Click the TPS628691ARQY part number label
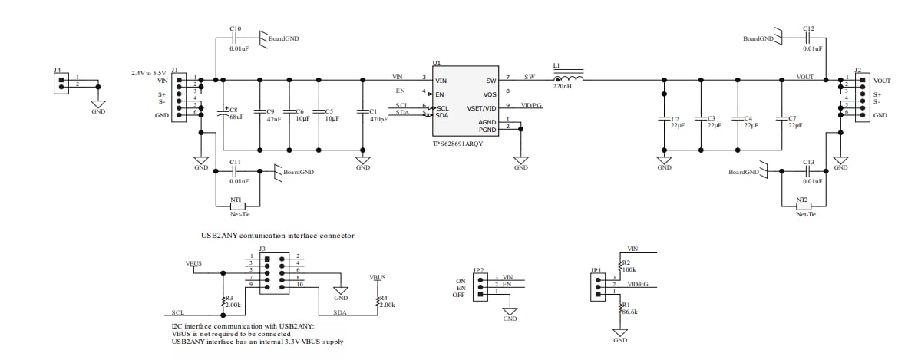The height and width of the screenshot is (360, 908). coord(458,144)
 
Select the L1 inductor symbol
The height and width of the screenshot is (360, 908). coord(568,78)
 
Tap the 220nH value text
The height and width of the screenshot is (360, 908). coord(563,87)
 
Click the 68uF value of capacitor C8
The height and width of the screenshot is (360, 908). coord(236,117)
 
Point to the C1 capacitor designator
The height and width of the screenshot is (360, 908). coord(374,111)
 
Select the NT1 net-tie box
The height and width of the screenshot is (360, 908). coord(237,206)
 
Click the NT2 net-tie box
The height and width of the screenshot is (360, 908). coord(803,206)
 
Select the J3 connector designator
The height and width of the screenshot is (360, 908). coord(262,248)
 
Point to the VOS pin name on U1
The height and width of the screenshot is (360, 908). coord(490,93)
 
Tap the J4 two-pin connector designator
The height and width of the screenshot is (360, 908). coord(58,70)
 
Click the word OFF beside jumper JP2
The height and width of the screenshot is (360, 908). coord(459,295)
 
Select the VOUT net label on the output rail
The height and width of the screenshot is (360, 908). coord(804,77)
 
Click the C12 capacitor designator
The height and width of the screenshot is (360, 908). coord(808,28)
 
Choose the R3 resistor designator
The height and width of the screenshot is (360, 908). coord(229,297)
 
